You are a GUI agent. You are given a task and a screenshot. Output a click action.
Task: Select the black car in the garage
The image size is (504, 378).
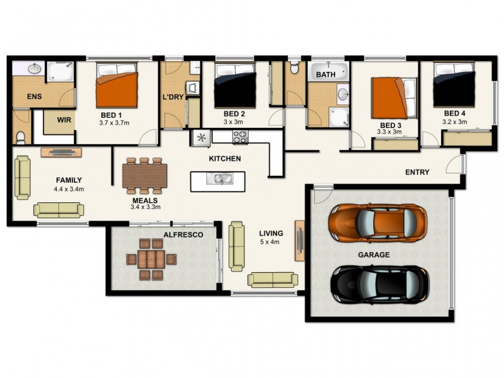380,283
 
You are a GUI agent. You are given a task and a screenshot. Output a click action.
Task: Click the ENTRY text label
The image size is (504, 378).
417,172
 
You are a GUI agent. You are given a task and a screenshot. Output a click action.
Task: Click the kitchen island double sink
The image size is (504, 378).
219,179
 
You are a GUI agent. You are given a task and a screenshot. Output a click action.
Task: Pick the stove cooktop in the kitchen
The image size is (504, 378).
241,136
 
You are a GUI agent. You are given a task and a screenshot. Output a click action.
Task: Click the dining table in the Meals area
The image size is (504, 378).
145,176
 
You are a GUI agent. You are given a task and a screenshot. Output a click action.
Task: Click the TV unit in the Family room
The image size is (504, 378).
61,152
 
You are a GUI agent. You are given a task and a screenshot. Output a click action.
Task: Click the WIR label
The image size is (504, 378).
64,119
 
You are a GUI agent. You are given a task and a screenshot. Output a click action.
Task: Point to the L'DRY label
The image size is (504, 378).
173,98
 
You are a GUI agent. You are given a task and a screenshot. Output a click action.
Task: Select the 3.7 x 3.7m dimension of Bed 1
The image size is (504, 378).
116,123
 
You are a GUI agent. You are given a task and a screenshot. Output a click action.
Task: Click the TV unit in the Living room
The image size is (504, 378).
300,240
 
